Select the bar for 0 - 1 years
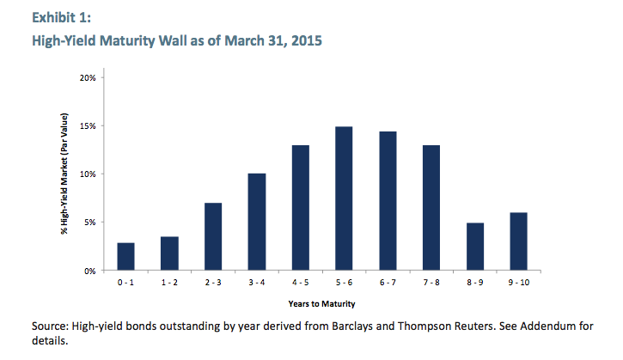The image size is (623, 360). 126,257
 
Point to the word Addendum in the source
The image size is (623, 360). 547,326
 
